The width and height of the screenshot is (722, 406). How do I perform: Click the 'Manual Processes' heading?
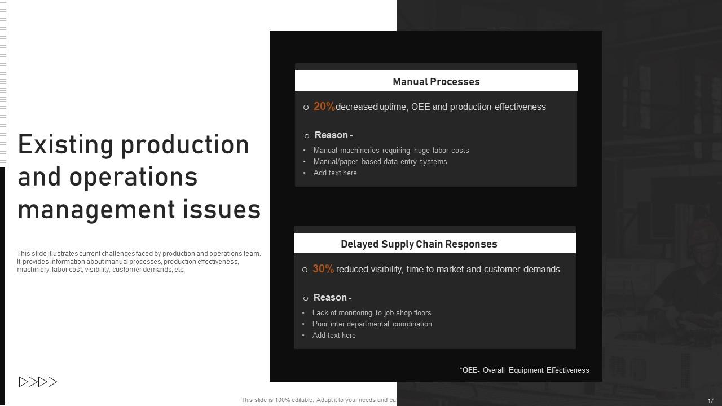(x=436, y=82)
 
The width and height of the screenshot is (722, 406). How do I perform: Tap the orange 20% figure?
(x=324, y=107)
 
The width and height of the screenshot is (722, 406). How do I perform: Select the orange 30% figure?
(x=323, y=269)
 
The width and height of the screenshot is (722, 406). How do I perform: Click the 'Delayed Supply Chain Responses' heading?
(x=419, y=244)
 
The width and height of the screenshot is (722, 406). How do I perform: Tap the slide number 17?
(x=711, y=400)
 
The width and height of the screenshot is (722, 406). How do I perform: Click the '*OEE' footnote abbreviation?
(x=468, y=370)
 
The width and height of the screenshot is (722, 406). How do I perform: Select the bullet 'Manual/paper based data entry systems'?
(x=380, y=162)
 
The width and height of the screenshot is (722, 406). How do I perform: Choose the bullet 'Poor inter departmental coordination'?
(x=372, y=324)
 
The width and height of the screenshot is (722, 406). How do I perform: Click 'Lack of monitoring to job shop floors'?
(x=372, y=313)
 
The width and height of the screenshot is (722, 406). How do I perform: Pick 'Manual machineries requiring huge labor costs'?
(x=391, y=151)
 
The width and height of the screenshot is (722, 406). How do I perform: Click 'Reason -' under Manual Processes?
(x=333, y=135)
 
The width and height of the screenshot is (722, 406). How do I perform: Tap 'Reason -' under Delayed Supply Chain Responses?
(x=332, y=298)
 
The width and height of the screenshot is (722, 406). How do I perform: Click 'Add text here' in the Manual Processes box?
(x=335, y=173)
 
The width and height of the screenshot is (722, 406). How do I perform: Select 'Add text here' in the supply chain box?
(x=334, y=336)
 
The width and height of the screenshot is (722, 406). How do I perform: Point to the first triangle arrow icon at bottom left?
(x=24, y=382)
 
